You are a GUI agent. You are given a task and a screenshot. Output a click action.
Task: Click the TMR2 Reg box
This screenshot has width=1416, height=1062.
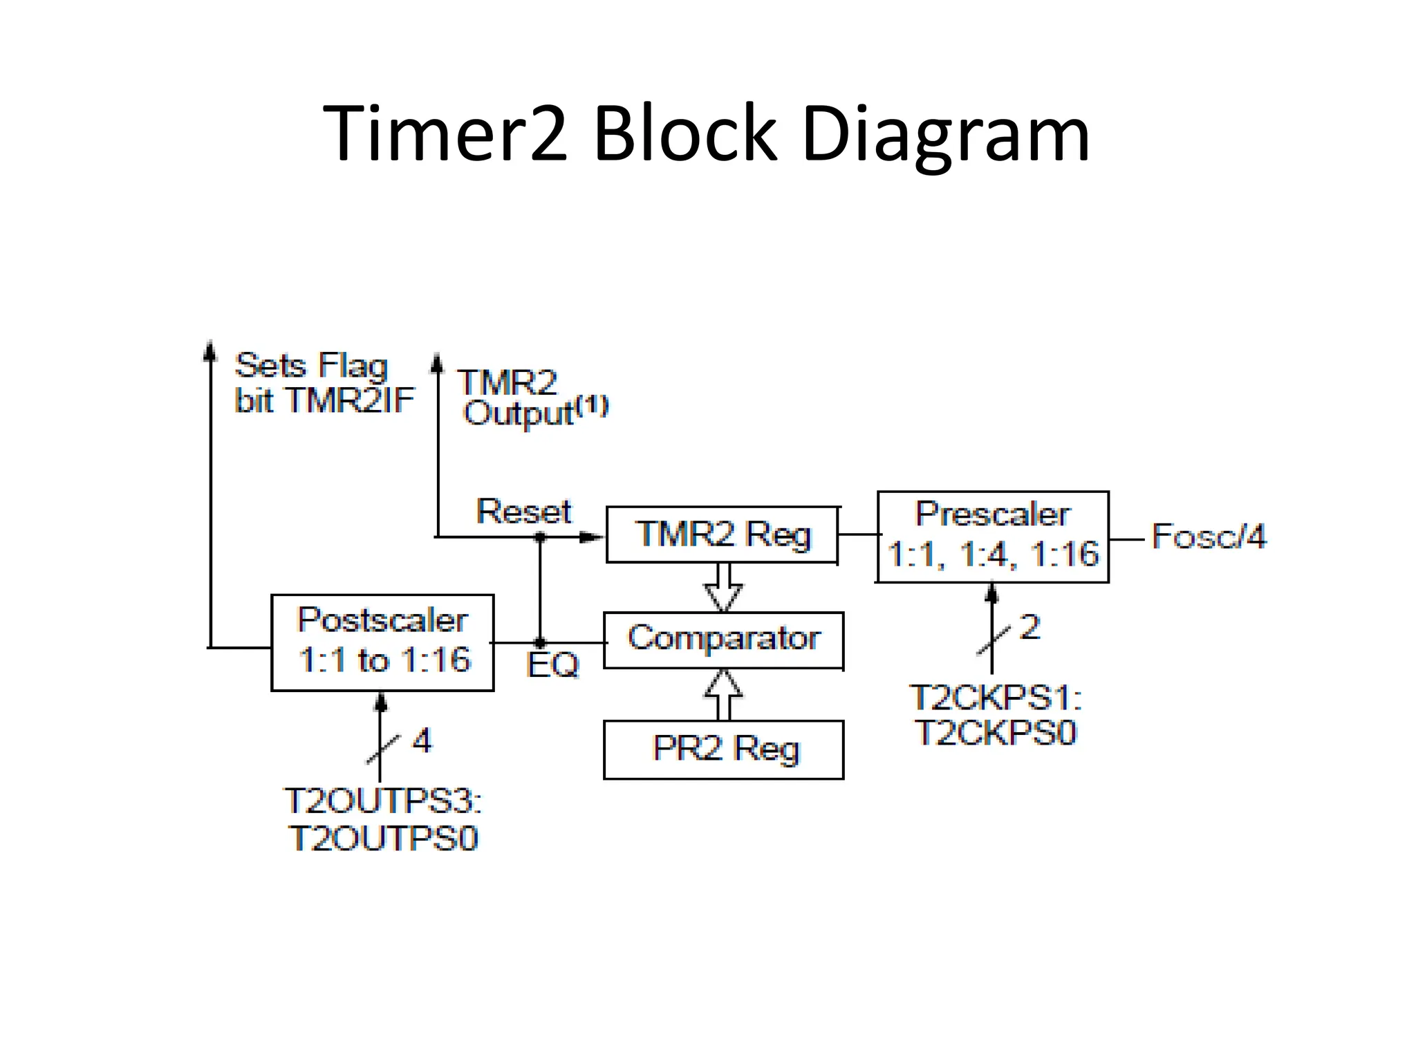tap(722, 534)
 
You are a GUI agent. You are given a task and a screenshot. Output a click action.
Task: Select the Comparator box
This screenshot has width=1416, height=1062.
tap(723, 640)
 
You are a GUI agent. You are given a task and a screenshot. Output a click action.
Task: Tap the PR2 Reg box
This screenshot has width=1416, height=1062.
tap(723, 749)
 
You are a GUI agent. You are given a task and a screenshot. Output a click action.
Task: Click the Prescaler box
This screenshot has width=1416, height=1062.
tap(993, 537)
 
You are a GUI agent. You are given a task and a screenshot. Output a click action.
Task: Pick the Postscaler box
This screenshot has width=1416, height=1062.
tap(382, 642)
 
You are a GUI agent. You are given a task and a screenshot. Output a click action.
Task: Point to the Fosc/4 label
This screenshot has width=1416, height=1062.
tap(1209, 537)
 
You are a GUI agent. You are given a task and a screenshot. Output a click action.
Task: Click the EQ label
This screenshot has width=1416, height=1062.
tap(552, 665)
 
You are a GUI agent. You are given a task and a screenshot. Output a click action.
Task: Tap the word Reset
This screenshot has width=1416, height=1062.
tap(523, 512)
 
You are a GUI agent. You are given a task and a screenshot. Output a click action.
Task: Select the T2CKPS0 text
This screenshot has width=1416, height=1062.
tap(996, 733)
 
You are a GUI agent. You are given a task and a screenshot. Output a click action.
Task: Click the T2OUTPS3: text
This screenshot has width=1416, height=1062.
tap(382, 802)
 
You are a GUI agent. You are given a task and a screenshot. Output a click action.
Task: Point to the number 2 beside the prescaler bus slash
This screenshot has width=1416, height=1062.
tap(1030, 627)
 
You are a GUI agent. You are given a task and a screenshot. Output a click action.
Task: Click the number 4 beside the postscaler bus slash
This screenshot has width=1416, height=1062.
tap(422, 740)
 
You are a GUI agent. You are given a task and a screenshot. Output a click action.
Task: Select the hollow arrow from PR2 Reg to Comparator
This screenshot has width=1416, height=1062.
tap(723, 694)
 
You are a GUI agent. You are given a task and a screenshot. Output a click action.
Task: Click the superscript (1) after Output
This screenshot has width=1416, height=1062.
tap(593, 404)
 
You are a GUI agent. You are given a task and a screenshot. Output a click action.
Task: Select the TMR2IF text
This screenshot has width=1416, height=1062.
tap(350, 400)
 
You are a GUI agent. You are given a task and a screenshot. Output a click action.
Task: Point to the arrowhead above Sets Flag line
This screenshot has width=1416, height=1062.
tap(210, 350)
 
